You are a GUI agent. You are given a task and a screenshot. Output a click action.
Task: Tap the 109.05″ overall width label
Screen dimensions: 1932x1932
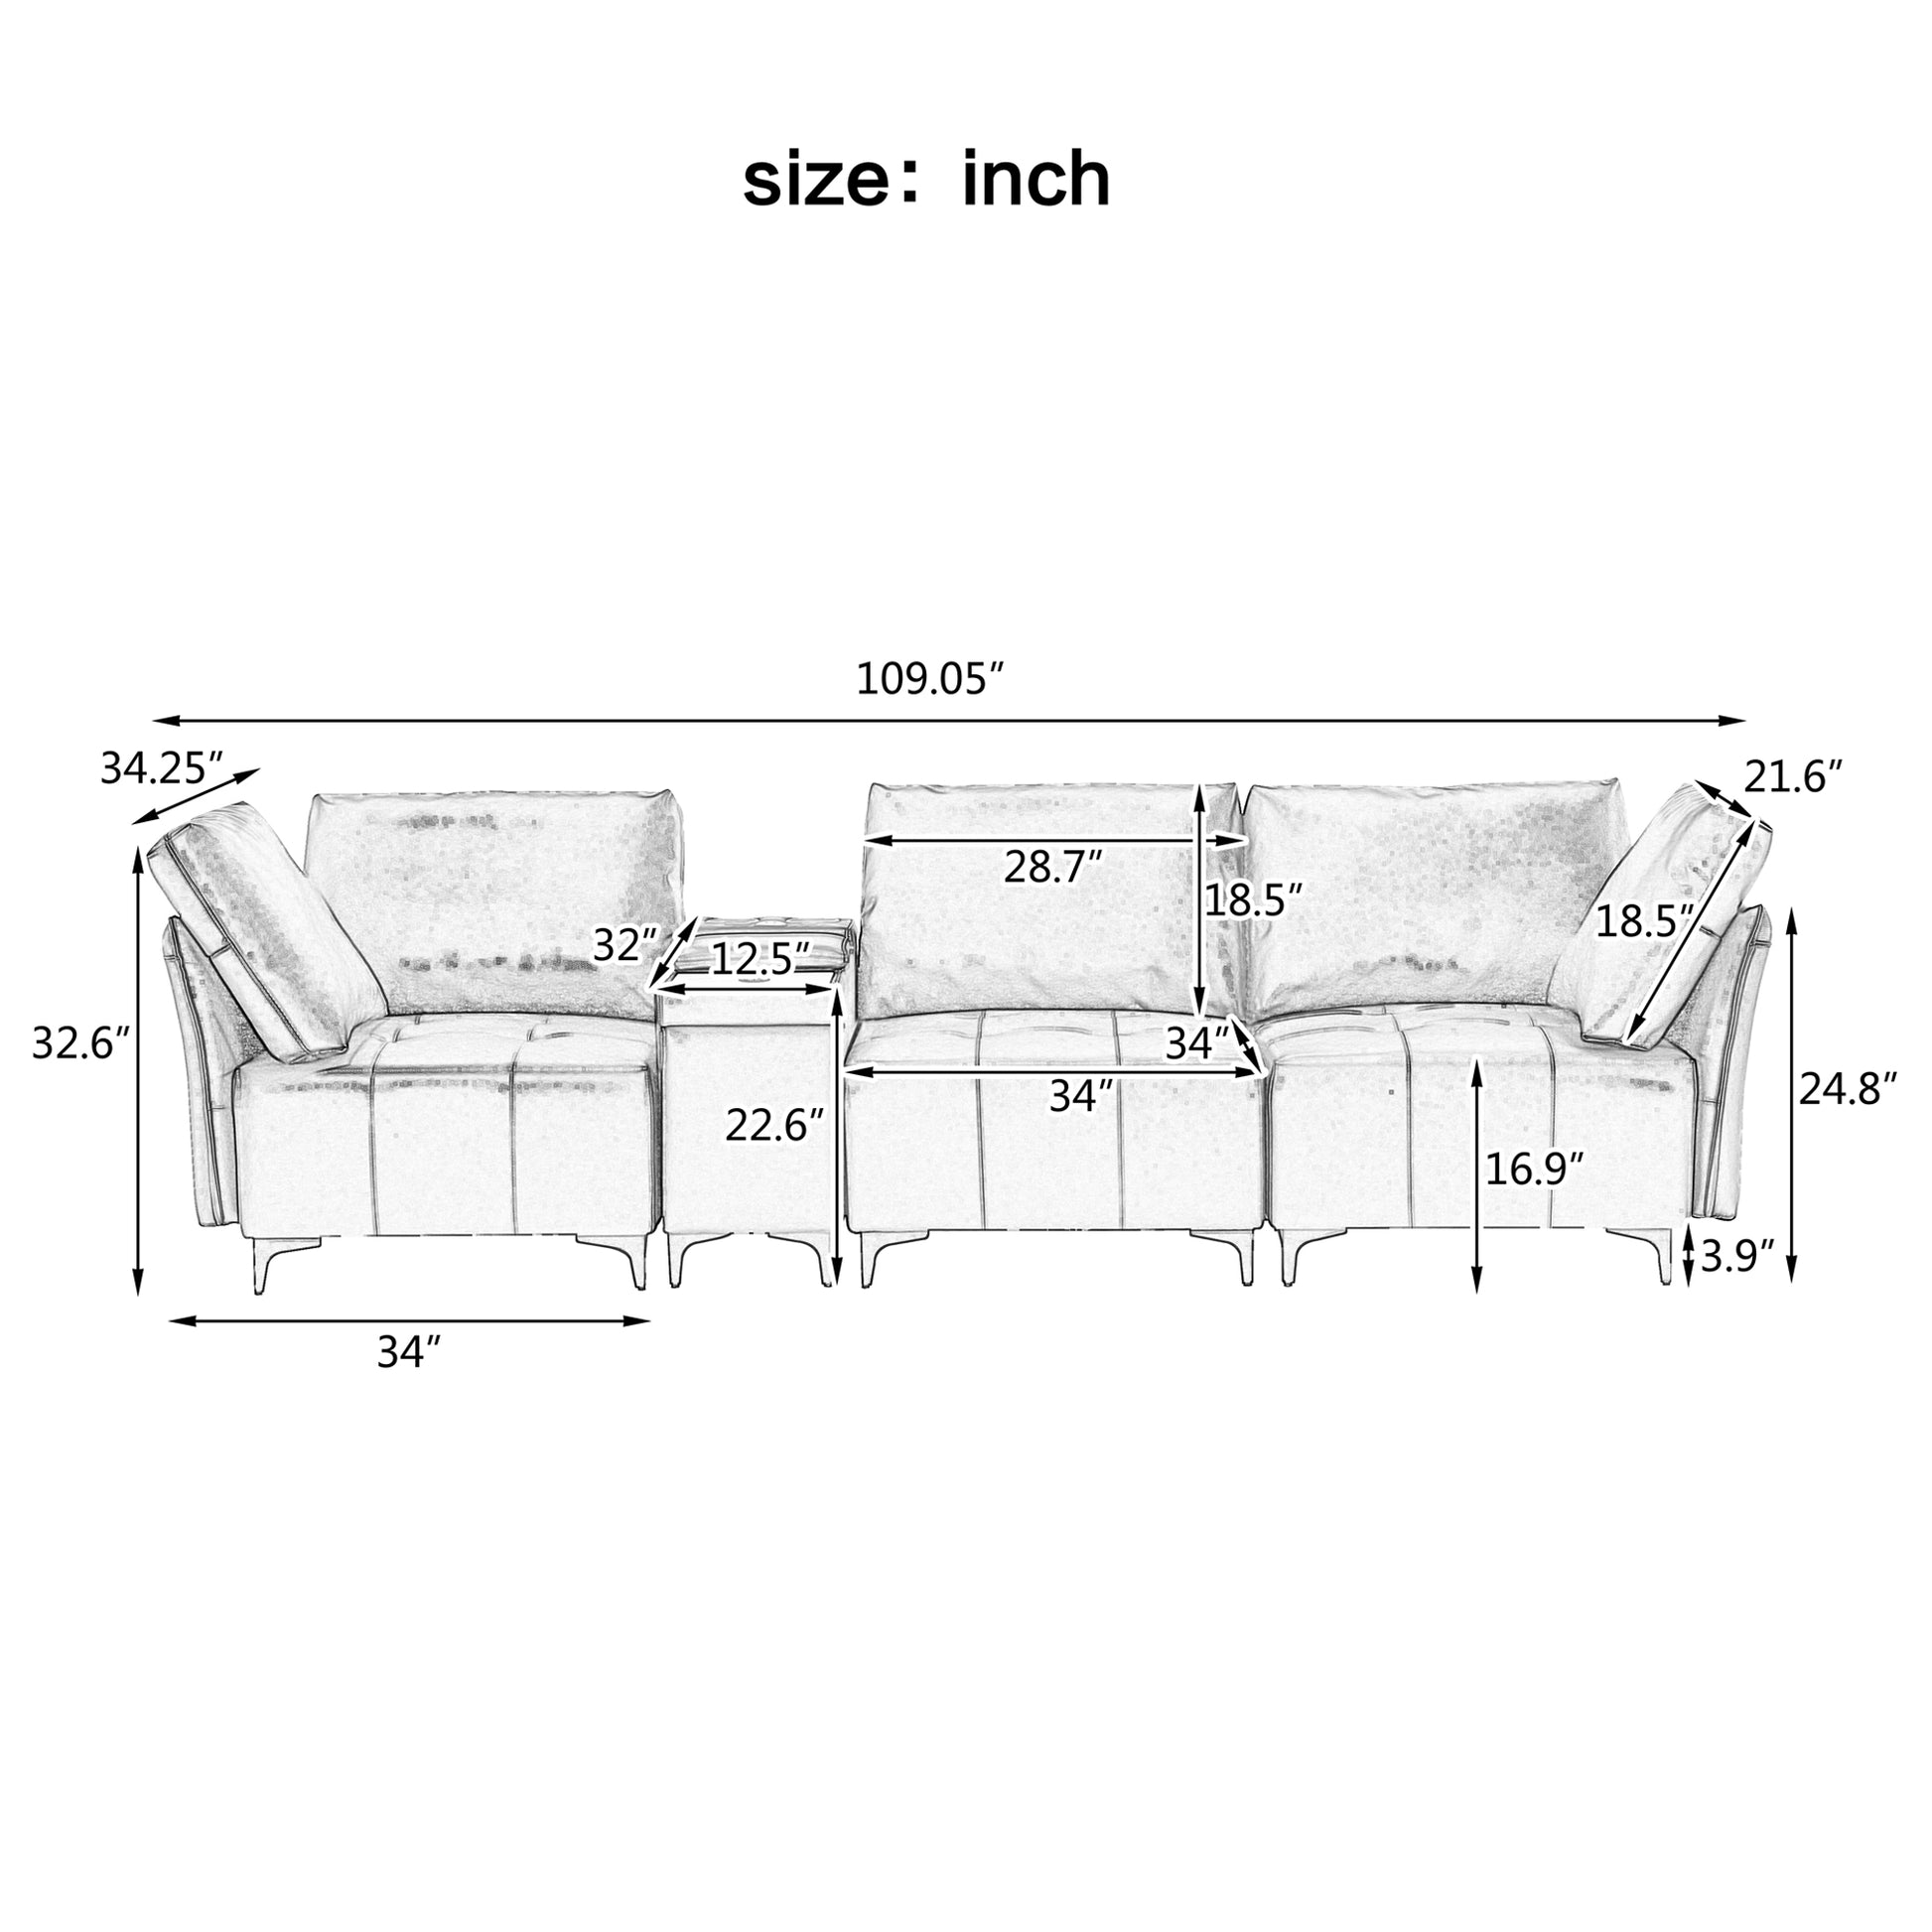(930, 680)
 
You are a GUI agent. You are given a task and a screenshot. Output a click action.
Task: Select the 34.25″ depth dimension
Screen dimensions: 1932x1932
(162, 769)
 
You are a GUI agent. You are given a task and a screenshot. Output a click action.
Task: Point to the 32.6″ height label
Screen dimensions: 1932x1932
(81, 1044)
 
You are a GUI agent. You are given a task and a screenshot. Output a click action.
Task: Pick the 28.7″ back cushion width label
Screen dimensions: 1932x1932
(1054, 866)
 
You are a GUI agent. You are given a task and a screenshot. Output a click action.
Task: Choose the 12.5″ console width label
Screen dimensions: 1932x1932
(760, 960)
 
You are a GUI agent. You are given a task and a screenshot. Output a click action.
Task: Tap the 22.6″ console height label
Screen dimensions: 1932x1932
(775, 1126)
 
